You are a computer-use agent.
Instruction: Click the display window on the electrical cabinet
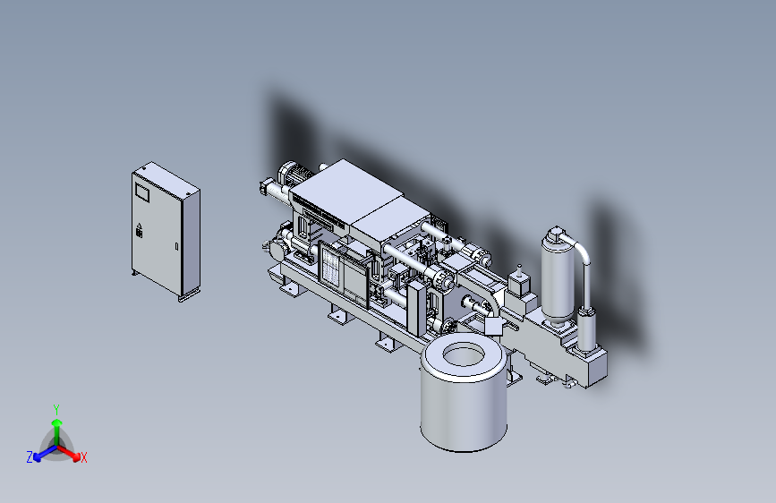[142, 192]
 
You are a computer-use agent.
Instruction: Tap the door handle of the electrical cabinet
[176, 246]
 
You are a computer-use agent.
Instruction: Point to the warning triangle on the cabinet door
[139, 226]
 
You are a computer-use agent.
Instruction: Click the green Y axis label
[56, 409]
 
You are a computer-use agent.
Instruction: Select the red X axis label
[84, 458]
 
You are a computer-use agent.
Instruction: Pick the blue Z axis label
[30, 457]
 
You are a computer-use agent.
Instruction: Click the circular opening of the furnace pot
[464, 355]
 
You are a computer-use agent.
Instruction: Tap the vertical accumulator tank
[558, 277]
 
